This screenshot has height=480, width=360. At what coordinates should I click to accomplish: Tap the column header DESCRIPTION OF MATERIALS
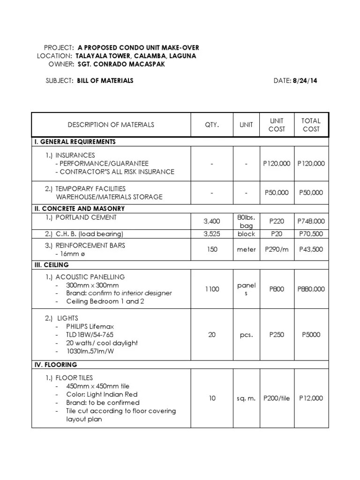[111, 125]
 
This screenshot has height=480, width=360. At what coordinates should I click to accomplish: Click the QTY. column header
[212, 125]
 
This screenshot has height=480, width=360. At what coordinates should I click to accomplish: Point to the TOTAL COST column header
[311, 125]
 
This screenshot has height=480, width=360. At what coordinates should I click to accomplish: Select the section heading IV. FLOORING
[55, 365]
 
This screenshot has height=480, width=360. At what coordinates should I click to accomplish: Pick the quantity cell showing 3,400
[212, 221]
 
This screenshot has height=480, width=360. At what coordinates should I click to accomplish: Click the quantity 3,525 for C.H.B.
[212, 234]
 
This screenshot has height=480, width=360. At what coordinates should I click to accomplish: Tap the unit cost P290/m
[276, 249]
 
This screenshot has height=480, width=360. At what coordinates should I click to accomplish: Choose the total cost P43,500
[311, 249]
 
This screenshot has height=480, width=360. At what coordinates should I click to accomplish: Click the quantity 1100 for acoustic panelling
[212, 289]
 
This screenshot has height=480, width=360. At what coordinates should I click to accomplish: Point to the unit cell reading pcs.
[246, 335]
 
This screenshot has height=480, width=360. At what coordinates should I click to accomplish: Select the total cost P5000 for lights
[311, 335]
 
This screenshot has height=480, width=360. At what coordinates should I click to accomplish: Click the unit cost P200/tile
[276, 398]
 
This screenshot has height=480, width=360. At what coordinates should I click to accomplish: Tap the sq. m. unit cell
[246, 398]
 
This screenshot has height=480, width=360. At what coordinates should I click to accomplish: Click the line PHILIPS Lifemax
[90, 326]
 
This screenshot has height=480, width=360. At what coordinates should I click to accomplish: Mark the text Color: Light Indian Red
[102, 394]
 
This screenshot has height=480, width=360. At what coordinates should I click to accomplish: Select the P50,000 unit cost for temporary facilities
[276, 193]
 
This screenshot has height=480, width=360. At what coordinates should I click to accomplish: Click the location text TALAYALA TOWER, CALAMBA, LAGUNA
[136, 56]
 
